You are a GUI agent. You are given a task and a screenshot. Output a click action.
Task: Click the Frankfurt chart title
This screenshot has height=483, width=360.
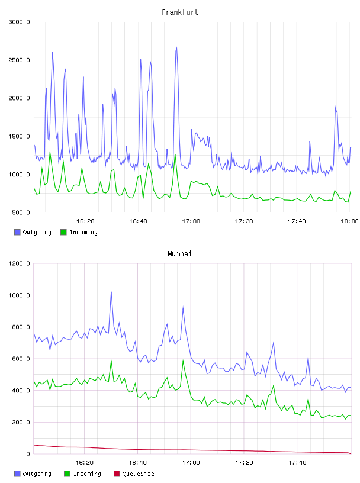[180, 12]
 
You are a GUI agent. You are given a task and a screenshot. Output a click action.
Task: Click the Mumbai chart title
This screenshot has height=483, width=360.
[179, 254]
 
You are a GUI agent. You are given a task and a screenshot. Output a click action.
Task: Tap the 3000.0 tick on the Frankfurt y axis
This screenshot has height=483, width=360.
[20, 22]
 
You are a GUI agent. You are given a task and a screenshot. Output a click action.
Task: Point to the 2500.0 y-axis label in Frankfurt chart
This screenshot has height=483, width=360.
[20, 60]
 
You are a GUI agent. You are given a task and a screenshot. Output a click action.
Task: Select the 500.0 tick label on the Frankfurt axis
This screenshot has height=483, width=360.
[21, 212]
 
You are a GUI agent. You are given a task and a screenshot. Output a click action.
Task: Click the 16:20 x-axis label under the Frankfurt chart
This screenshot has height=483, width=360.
[85, 221]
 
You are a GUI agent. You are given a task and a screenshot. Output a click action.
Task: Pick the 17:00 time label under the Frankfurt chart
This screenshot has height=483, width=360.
[191, 221]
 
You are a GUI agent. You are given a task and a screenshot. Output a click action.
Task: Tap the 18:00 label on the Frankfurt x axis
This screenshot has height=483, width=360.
[349, 221]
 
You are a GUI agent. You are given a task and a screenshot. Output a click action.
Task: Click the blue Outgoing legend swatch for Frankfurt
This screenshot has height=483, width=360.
[17, 232]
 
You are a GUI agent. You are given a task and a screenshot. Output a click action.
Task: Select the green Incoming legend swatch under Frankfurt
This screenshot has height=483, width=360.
[63, 232]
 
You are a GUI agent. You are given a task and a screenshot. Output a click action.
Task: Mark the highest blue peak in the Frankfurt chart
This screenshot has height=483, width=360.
[176, 47]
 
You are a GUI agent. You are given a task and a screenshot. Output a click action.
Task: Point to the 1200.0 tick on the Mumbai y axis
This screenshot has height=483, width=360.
[20, 263]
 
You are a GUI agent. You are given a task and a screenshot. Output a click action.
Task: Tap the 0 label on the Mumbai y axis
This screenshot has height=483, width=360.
[28, 454]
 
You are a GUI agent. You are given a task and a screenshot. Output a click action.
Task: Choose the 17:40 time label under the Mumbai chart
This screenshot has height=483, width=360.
[297, 462]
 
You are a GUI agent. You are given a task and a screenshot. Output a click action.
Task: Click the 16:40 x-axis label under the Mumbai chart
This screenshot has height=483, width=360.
[138, 462]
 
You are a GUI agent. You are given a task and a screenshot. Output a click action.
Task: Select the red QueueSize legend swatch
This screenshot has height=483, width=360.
[117, 474]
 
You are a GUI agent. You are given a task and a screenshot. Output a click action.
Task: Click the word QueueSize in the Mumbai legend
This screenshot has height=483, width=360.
[139, 474]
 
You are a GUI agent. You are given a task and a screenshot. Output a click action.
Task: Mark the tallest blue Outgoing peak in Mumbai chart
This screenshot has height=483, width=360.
[111, 292]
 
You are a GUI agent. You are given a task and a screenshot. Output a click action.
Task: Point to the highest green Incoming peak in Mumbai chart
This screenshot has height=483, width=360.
[183, 360]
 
